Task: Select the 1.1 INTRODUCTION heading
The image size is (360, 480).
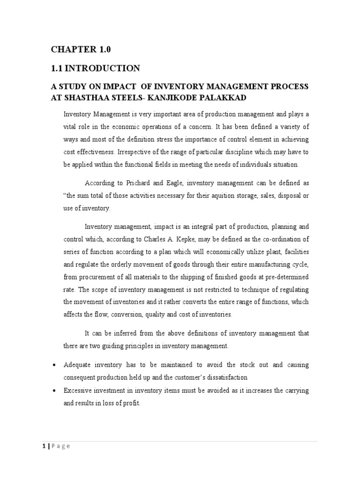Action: coord(95,68)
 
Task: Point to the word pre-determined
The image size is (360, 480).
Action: coord(286,277)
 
